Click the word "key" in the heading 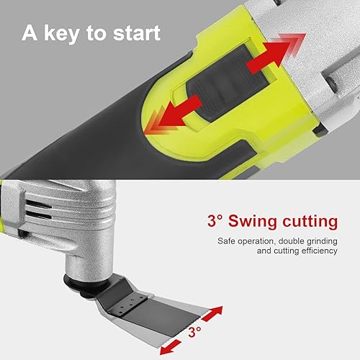tap(61, 34)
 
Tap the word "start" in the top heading tap(137, 33)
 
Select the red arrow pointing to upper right tap(276, 53)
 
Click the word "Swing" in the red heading tap(253, 222)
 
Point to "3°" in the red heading tap(215, 220)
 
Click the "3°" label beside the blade tap(194, 332)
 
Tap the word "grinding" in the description tap(321, 241)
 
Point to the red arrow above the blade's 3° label tap(212, 314)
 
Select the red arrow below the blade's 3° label tap(171, 346)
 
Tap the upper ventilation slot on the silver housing tap(38, 204)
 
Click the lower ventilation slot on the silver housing tap(38, 215)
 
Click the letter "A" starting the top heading tap(30, 33)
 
